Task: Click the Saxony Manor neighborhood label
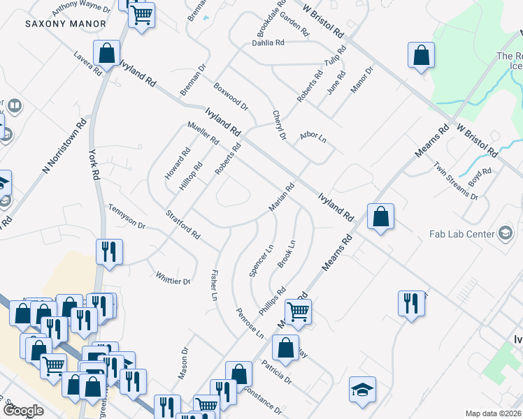(66, 24)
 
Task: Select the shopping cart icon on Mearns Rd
(298, 311)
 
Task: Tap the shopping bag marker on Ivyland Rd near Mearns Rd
(381, 217)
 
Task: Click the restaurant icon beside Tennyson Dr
(109, 252)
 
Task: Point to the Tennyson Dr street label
(126, 216)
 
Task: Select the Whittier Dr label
(173, 277)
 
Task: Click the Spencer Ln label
(261, 260)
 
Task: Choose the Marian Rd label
(282, 198)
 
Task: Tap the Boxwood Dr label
(231, 97)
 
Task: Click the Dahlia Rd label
(268, 43)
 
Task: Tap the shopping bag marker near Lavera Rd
(108, 52)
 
